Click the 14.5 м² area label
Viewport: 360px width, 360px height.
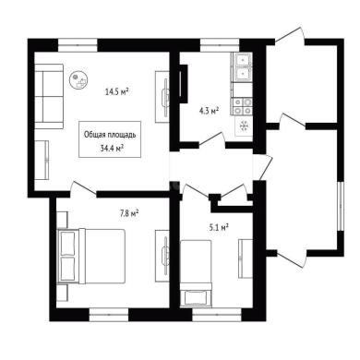click(x=116, y=91)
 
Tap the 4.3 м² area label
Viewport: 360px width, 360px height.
click(x=209, y=111)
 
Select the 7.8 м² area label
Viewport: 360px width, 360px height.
click(x=129, y=213)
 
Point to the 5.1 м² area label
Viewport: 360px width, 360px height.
click(x=219, y=228)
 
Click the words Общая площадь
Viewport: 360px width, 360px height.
click(x=110, y=135)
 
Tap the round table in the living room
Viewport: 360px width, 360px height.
click(x=79, y=80)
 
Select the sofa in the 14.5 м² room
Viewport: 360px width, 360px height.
click(x=49, y=96)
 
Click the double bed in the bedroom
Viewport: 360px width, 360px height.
click(x=91, y=256)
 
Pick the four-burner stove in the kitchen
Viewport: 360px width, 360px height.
click(x=243, y=106)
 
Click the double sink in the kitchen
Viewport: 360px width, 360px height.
click(x=242, y=67)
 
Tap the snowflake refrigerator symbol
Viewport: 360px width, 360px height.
click(x=244, y=126)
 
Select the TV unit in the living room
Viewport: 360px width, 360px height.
click(x=162, y=97)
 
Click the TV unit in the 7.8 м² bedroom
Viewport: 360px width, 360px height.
click(x=162, y=256)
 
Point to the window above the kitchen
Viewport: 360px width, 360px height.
click(x=220, y=45)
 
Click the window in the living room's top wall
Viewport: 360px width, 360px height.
click(x=78, y=45)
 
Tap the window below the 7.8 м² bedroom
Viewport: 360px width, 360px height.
click(x=109, y=315)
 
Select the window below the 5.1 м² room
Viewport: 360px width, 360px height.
click(x=217, y=315)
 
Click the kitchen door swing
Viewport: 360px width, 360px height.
click(x=211, y=138)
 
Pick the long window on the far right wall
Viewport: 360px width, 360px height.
click(x=341, y=206)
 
